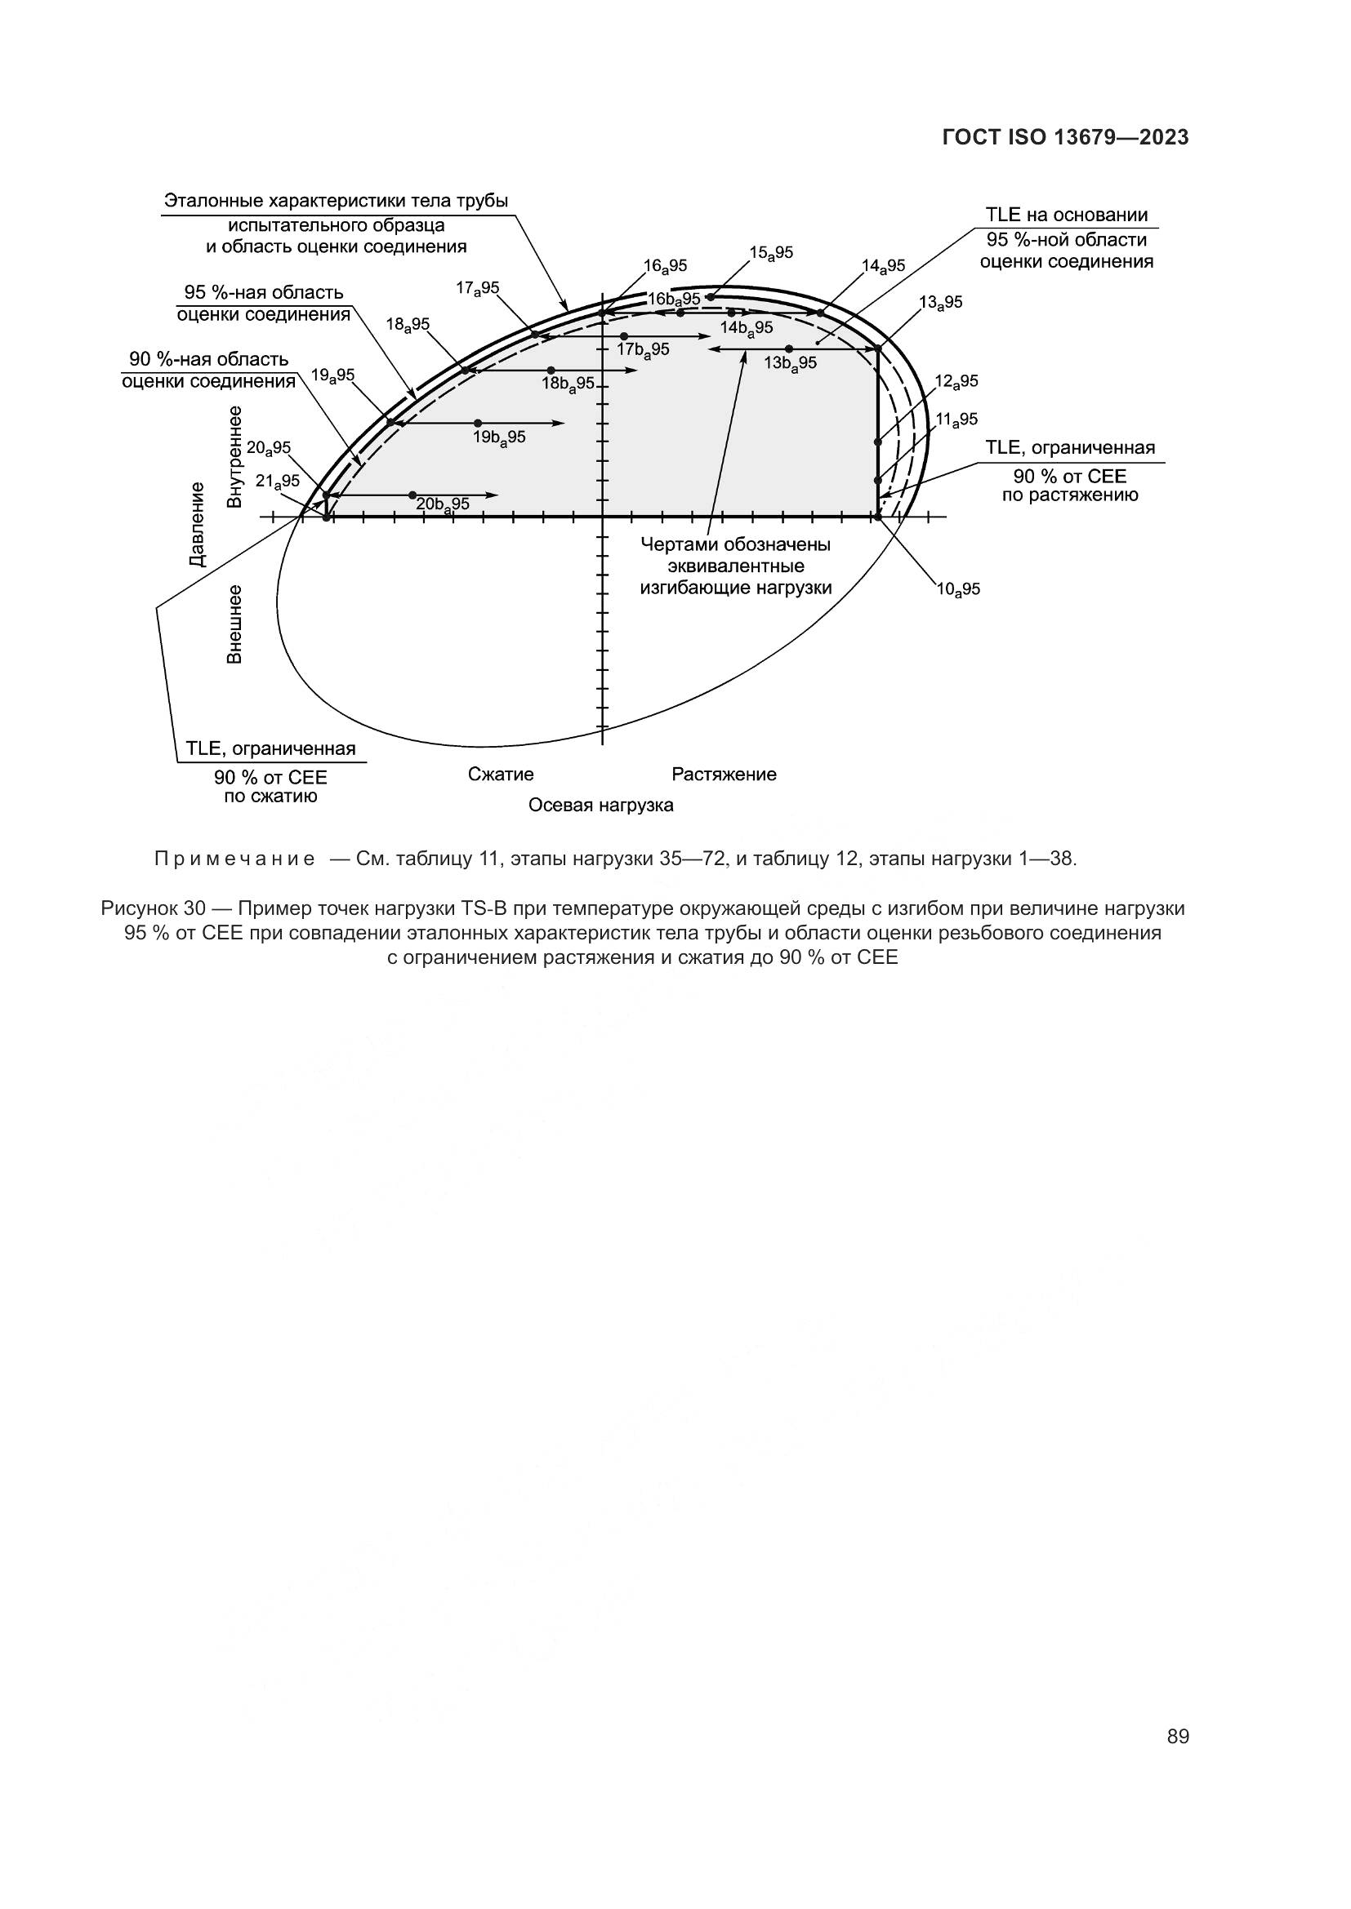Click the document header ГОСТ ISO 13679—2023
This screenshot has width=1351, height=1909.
pyautogui.click(x=1065, y=138)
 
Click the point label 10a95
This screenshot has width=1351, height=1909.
pyautogui.click(x=958, y=589)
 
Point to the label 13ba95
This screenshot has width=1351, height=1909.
pyautogui.click(x=790, y=363)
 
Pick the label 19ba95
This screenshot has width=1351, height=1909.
pyautogui.click(x=499, y=437)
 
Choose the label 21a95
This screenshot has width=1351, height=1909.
pyautogui.click(x=277, y=482)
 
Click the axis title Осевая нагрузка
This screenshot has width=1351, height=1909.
pyautogui.click(x=600, y=805)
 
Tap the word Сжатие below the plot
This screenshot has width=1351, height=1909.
pyautogui.click(x=501, y=774)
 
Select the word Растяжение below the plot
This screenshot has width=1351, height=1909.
pyautogui.click(x=724, y=774)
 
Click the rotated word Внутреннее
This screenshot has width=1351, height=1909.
pyautogui.click(x=235, y=456)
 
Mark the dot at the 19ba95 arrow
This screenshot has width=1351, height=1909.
pyautogui.click(x=478, y=424)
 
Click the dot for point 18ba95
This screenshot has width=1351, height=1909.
pyautogui.click(x=551, y=370)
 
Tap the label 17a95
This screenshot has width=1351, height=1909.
pyautogui.click(x=478, y=288)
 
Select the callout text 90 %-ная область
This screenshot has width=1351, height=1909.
pyautogui.click(x=209, y=359)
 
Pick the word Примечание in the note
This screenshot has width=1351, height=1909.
pyautogui.click(x=234, y=859)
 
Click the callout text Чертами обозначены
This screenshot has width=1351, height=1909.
pyautogui.click(x=735, y=544)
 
